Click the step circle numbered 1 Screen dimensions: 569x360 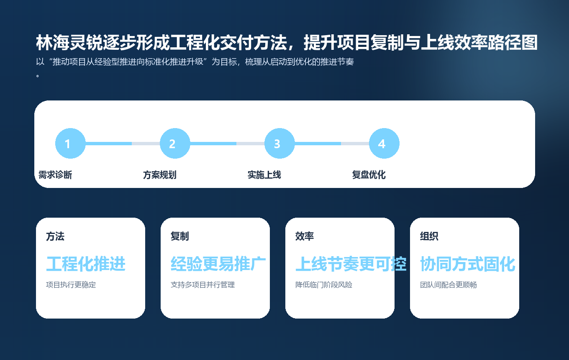click(x=70, y=144)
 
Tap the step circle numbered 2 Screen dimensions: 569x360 click(x=175, y=144)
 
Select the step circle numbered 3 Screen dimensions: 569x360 click(x=279, y=144)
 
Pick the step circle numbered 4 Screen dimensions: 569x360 click(x=384, y=144)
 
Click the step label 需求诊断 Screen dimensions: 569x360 click(x=55, y=175)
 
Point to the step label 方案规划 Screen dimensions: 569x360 click(x=160, y=175)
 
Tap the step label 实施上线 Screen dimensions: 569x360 click(x=264, y=175)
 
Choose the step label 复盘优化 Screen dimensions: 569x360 click(x=369, y=175)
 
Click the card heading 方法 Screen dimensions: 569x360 click(x=55, y=237)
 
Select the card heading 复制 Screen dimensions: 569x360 click(x=180, y=237)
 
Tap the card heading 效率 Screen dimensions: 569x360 click(x=305, y=237)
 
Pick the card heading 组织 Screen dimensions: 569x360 click(x=429, y=237)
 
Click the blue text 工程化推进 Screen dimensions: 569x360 click(x=86, y=264)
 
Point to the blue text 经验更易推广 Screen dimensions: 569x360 click(x=218, y=264)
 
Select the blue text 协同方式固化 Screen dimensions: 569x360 click(x=467, y=264)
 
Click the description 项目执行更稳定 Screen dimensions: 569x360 click(x=71, y=285)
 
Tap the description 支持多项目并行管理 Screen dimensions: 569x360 click(x=203, y=285)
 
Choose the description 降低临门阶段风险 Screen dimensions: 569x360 click(x=324, y=285)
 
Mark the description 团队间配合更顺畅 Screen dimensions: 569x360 click(x=449, y=285)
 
